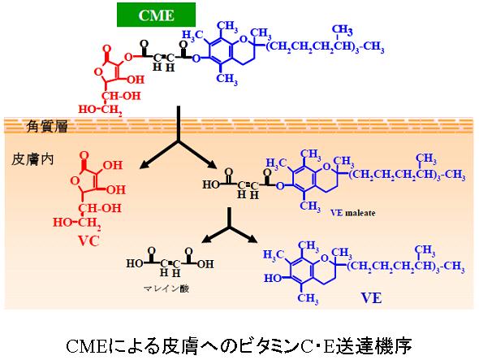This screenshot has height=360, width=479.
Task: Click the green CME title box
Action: pyautogui.click(x=156, y=15)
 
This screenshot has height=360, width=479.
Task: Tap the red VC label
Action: pyautogui.click(x=88, y=241)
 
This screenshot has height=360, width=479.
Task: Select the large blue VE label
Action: pyautogui.click(x=372, y=298)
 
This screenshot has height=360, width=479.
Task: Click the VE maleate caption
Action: pyautogui.click(x=353, y=213)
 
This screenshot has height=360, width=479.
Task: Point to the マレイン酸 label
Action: pyautogui.click(x=166, y=288)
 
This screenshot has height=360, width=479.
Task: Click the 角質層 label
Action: pyautogui.click(x=47, y=126)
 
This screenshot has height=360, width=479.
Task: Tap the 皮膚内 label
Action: pyautogui.click(x=32, y=159)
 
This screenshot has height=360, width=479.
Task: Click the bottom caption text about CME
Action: pyautogui.click(x=239, y=345)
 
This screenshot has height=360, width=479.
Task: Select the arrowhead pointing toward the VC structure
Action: pyautogui.click(x=145, y=164)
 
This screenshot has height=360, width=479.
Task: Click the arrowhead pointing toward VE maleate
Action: pyautogui.click(x=211, y=164)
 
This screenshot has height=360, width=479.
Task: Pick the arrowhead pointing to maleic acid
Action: pyautogui.click(x=208, y=239)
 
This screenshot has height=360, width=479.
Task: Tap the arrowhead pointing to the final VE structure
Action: pyautogui.click(x=252, y=239)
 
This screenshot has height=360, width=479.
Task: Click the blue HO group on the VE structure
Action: pyautogui.click(x=273, y=278)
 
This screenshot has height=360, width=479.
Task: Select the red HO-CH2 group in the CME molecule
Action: pyautogui.click(x=100, y=110)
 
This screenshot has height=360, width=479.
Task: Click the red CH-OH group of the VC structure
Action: pyautogui.click(x=100, y=208)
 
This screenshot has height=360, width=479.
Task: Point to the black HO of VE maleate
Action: pyautogui.click(x=211, y=184)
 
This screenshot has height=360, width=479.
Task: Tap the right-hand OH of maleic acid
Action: pyautogui.click(x=205, y=263)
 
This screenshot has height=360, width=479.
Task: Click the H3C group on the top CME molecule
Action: pyautogui.click(x=192, y=36)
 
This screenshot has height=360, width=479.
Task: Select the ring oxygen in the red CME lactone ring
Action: pyautogui.click(x=97, y=72)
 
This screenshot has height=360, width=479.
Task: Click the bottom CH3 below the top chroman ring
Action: pyautogui.click(x=227, y=79)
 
